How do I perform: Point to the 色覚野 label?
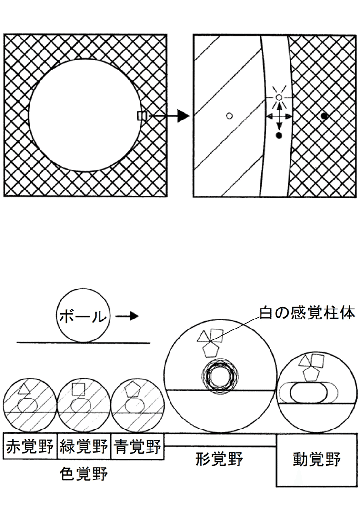pyautogui.click(x=84, y=474)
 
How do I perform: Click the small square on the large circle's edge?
pyautogui.click(x=141, y=115)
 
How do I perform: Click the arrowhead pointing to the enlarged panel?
pyautogui.click(x=182, y=116)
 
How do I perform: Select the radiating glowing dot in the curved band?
pyautogui.click(x=279, y=97)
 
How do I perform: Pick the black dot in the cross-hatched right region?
pyautogui.click(x=324, y=115)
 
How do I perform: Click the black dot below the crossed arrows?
pyautogui.click(x=279, y=136)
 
